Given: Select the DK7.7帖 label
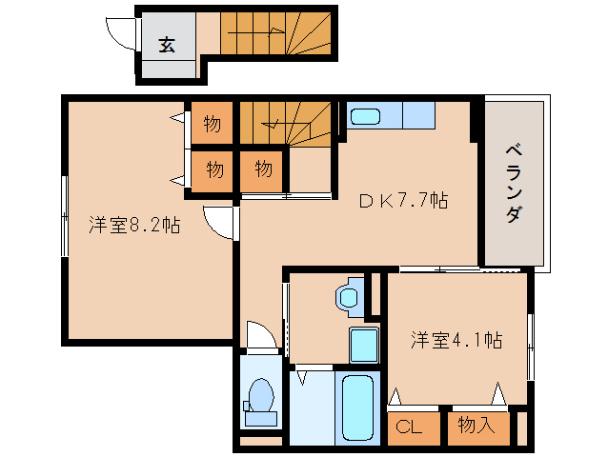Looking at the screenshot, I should (x=403, y=201).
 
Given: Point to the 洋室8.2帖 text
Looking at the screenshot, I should (x=135, y=226).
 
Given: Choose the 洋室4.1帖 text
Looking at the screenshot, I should (x=457, y=339).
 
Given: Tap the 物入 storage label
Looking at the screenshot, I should (x=476, y=425).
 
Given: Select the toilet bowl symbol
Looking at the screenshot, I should (x=259, y=398).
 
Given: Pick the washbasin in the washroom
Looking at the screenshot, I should (x=350, y=295).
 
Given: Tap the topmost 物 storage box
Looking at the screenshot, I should (x=213, y=124).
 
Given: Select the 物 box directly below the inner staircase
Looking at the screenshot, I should (x=263, y=170).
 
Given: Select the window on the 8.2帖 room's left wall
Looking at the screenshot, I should (x=64, y=216).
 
